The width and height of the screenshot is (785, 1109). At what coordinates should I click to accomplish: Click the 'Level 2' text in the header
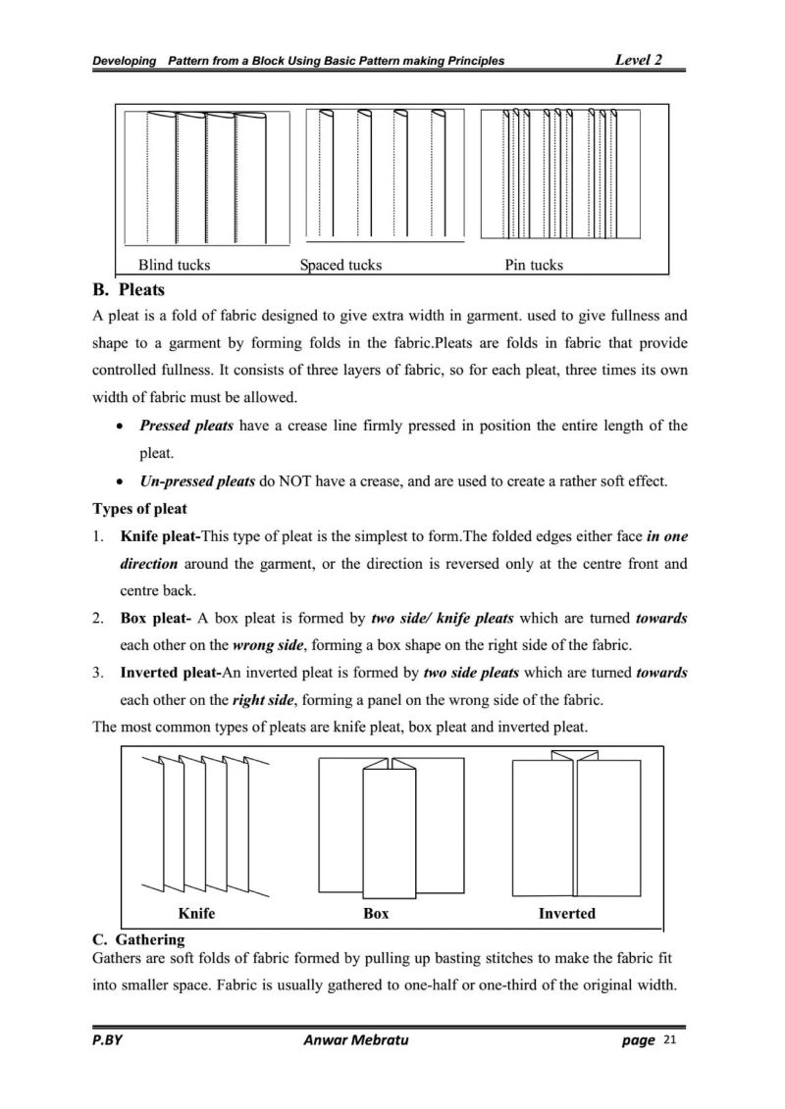pyautogui.click(x=638, y=60)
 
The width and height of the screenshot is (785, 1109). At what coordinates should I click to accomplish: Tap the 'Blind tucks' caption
pyautogui.click(x=174, y=265)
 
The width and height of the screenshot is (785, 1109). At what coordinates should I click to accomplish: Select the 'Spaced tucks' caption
pyautogui.click(x=340, y=265)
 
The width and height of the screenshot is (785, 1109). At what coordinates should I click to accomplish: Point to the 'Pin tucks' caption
pyautogui.click(x=534, y=265)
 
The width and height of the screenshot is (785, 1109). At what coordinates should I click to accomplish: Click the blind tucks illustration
pyautogui.click(x=207, y=176)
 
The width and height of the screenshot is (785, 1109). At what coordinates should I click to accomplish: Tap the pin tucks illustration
pyautogui.click(x=559, y=174)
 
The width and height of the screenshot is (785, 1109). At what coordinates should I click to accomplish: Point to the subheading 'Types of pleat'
pyautogui.click(x=139, y=509)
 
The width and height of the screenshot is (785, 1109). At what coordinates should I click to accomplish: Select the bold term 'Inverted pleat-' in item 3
pyautogui.click(x=171, y=674)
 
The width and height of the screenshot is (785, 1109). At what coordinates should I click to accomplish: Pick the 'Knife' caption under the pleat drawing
pyautogui.click(x=196, y=913)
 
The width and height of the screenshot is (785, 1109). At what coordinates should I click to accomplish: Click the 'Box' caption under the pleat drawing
pyautogui.click(x=376, y=913)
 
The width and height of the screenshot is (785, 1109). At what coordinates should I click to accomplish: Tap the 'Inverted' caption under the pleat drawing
pyautogui.click(x=566, y=913)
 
